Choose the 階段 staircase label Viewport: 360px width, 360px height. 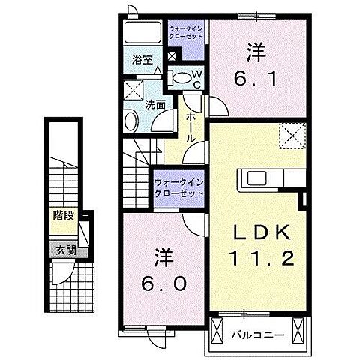[63, 215]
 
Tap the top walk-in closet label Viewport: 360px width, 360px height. [184, 31]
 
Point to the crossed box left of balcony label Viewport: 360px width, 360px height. [218, 329]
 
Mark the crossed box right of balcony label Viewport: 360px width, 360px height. [300, 329]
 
